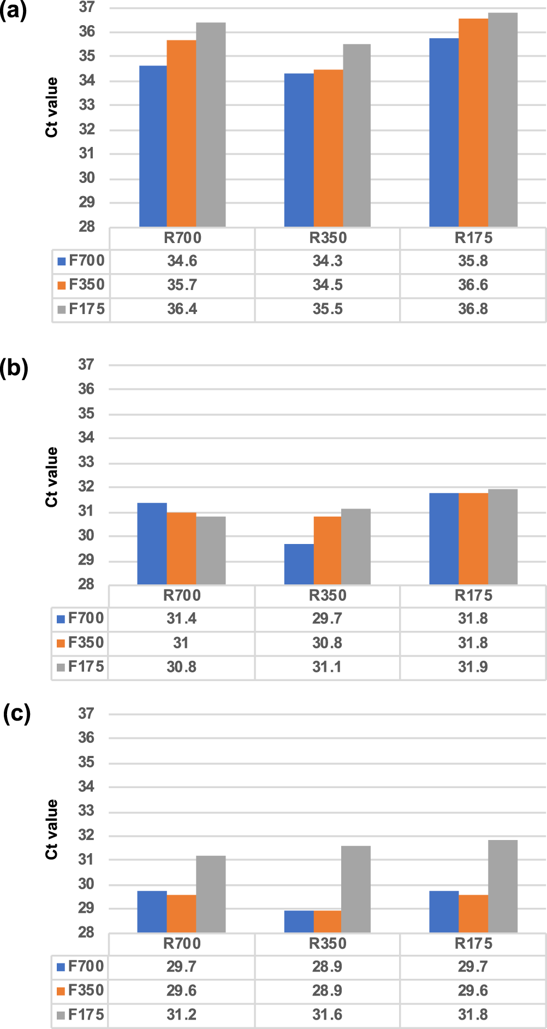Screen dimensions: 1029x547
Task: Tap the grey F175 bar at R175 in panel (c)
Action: (x=502, y=886)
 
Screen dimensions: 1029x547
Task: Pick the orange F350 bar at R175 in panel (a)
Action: (x=473, y=123)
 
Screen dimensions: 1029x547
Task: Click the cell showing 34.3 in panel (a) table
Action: (x=328, y=261)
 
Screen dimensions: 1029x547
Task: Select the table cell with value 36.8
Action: (x=473, y=309)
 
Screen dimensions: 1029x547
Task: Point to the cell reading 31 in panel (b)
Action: (x=181, y=643)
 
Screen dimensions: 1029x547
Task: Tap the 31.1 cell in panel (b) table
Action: (x=328, y=667)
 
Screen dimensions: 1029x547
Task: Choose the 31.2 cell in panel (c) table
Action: (x=181, y=1015)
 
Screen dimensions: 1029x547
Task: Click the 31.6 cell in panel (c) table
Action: (x=328, y=1015)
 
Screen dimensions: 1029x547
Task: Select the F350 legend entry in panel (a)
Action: (x=81, y=285)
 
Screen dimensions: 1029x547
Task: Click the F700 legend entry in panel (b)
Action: (x=80, y=618)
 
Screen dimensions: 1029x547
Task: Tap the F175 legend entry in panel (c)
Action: (x=80, y=1015)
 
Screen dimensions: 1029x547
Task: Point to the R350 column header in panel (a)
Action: (x=328, y=238)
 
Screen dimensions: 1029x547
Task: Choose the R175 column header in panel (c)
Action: (x=473, y=943)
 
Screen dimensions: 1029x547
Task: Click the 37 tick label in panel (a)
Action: (x=87, y=8)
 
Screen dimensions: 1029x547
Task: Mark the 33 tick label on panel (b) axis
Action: (x=86, y=462)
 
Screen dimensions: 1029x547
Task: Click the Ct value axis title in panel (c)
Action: (x=52, y=829)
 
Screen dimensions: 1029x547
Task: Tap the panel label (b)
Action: (x=14, y=368)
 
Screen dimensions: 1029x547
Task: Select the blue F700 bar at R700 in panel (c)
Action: (x=152, y=912)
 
